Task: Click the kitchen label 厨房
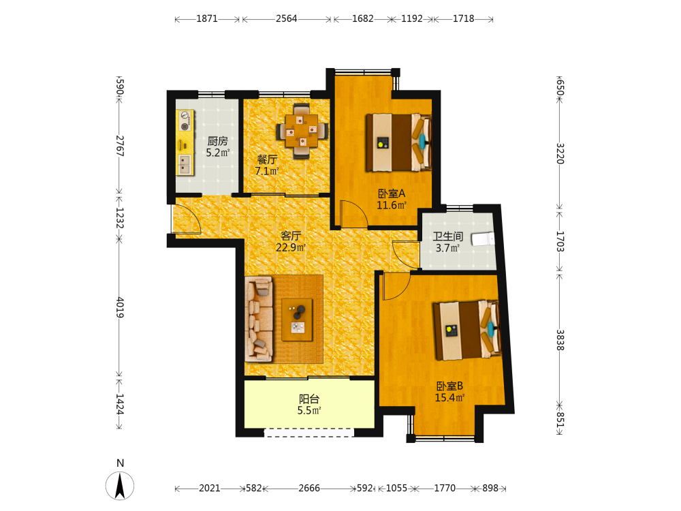[x=217, y=141]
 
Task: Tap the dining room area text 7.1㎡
[x=266, y=171]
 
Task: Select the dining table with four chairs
[x=302, y=130]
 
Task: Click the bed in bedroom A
[x=398, y=142]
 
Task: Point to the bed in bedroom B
[x=467, y=330]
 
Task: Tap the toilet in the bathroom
[x=484, y=238]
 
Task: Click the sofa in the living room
[x=259, y=320]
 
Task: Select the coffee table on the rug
[x=297, y=320]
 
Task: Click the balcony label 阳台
[x=309, y=399]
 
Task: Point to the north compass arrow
[x=120, y=485]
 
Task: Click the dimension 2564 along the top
[x=287, y=18]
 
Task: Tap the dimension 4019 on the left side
[x=120, y=308]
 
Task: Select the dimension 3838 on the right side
[x=560, y=340]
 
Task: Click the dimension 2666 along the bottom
[x=309, y=489]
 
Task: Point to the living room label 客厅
[x=291, y=236]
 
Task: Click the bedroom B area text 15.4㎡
[x=449, y=397]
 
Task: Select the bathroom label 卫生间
[x=448, y=236]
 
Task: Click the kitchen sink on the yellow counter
[x=184, y=165]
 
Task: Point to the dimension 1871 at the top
[x=207, y=18]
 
